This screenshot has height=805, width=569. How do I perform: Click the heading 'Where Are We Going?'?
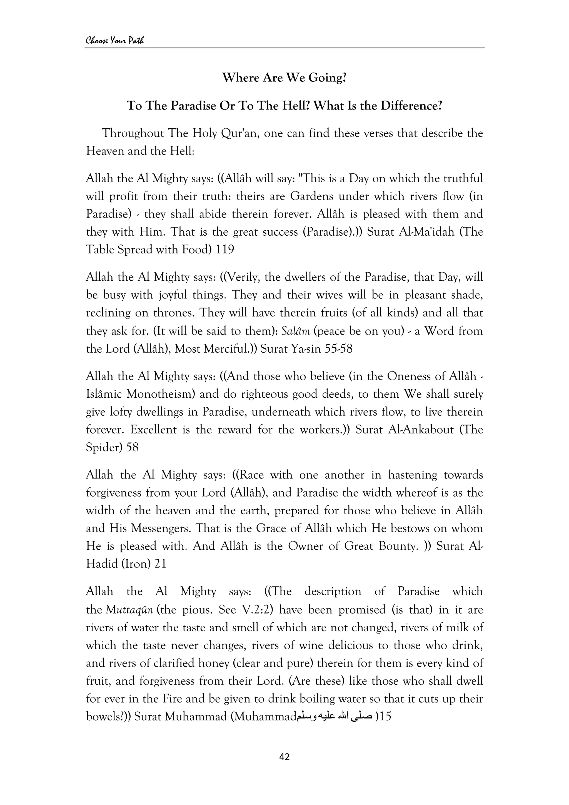pos(284,78)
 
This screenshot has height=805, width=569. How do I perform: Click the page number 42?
pos(284,757)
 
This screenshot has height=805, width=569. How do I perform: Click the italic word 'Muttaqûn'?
pos(129,610)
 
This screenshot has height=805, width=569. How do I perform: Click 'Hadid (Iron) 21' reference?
pos(126,564)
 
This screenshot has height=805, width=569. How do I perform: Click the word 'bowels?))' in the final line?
pos(108,717)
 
